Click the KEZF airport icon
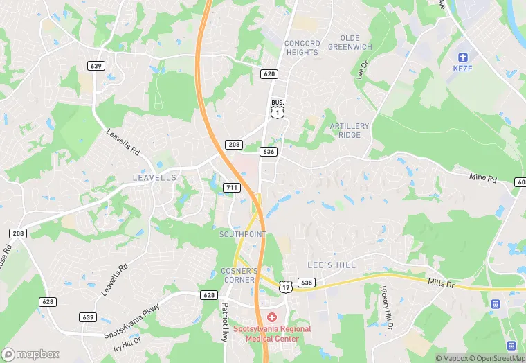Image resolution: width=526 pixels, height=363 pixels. pyautogui.click(x=462, y=55)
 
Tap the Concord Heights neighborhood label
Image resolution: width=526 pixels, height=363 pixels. pyautogui.click(x=302, y=47)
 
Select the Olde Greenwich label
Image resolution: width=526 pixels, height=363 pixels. pyautogui.click(x=350, y=42)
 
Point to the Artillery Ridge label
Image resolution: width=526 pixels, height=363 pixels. pyautogui.click(x=350, y=130)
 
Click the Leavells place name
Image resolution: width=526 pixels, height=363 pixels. pyautogui.click(x=154, y=178)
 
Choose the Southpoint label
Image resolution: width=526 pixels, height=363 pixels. pyautogui.click(x=242, y=235)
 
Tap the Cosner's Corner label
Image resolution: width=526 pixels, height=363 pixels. pyautogui.click(x=239, y=274)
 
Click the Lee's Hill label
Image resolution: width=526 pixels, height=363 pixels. pyautogui.click(x=331, y=265)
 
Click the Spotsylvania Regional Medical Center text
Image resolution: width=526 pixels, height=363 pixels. pyautogui.click(x=271, y=334)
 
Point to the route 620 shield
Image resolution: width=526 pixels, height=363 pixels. pyautogui.click(x=269, y=73)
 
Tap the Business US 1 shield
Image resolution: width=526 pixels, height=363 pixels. pyautogui.click(x=278, y=109)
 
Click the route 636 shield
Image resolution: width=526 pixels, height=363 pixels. pyautogui.click(x=269, y=151)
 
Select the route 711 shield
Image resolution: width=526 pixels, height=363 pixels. pyautogui.click(x=232, y=188)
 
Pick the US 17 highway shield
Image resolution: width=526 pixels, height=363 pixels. pyautogui.click(x=286, y=286)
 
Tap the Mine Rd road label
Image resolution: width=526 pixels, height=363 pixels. pyautogui.click(x=483, y=178)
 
